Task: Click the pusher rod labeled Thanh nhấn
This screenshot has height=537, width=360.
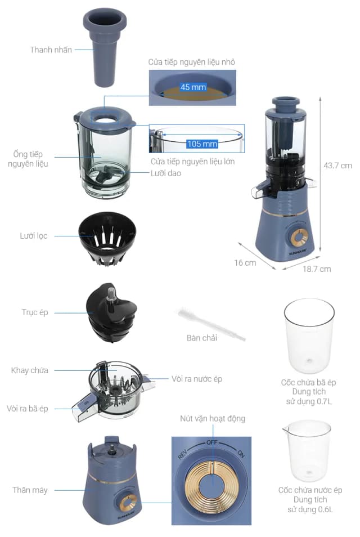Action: coord(105,48)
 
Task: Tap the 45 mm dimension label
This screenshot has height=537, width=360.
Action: coord(193,87)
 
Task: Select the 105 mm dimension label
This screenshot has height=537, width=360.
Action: coord(202,144)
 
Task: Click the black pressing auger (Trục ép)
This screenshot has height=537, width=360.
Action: coord(111,312)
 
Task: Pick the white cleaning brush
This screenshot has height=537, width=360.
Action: coord(211,323)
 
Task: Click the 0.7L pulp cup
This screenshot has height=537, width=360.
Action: coord(309,336)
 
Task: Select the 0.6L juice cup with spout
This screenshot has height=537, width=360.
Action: coord(307,450)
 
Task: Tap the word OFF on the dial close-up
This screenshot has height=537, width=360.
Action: coord(212,442)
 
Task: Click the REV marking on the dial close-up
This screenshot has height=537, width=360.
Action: coord(183,454)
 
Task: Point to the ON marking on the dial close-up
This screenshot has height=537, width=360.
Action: coord(241,454)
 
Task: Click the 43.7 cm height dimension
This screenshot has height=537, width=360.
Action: coord(337,165)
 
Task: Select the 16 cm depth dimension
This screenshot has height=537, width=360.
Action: coord(245,263)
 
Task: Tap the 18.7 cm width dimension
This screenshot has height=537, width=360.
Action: coord(317,269)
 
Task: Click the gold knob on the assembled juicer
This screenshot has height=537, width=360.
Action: coord(299,238)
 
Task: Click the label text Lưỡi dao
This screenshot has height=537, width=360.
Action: coord(165,173)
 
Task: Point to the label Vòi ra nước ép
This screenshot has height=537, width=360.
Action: coord(197,379)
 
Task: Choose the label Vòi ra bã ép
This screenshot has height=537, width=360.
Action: coord(28,409)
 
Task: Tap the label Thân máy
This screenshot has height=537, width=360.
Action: coord(30,490)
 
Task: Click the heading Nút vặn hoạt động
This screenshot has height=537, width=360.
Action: coord(213,418)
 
